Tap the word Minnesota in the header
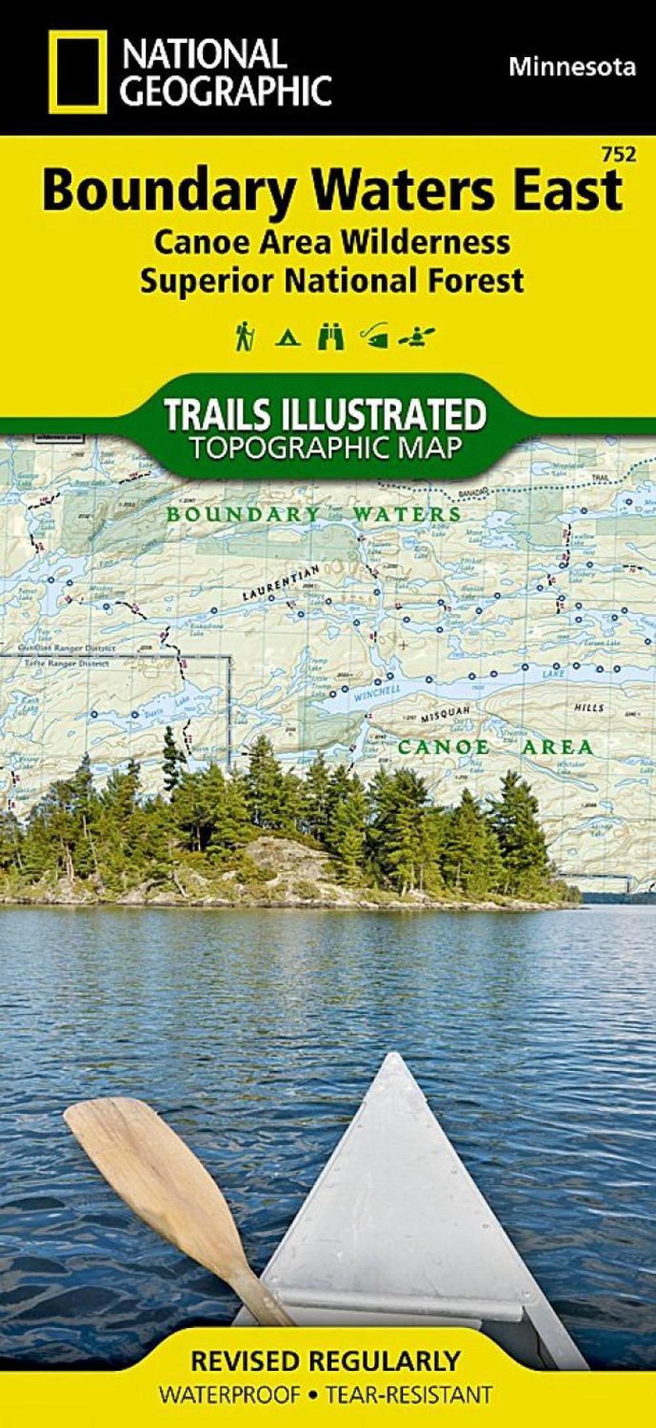(572, 67)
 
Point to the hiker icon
(245, 337)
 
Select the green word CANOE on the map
(443, 746)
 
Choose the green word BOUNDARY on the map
(243, 514)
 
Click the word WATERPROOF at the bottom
(230, 1408)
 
